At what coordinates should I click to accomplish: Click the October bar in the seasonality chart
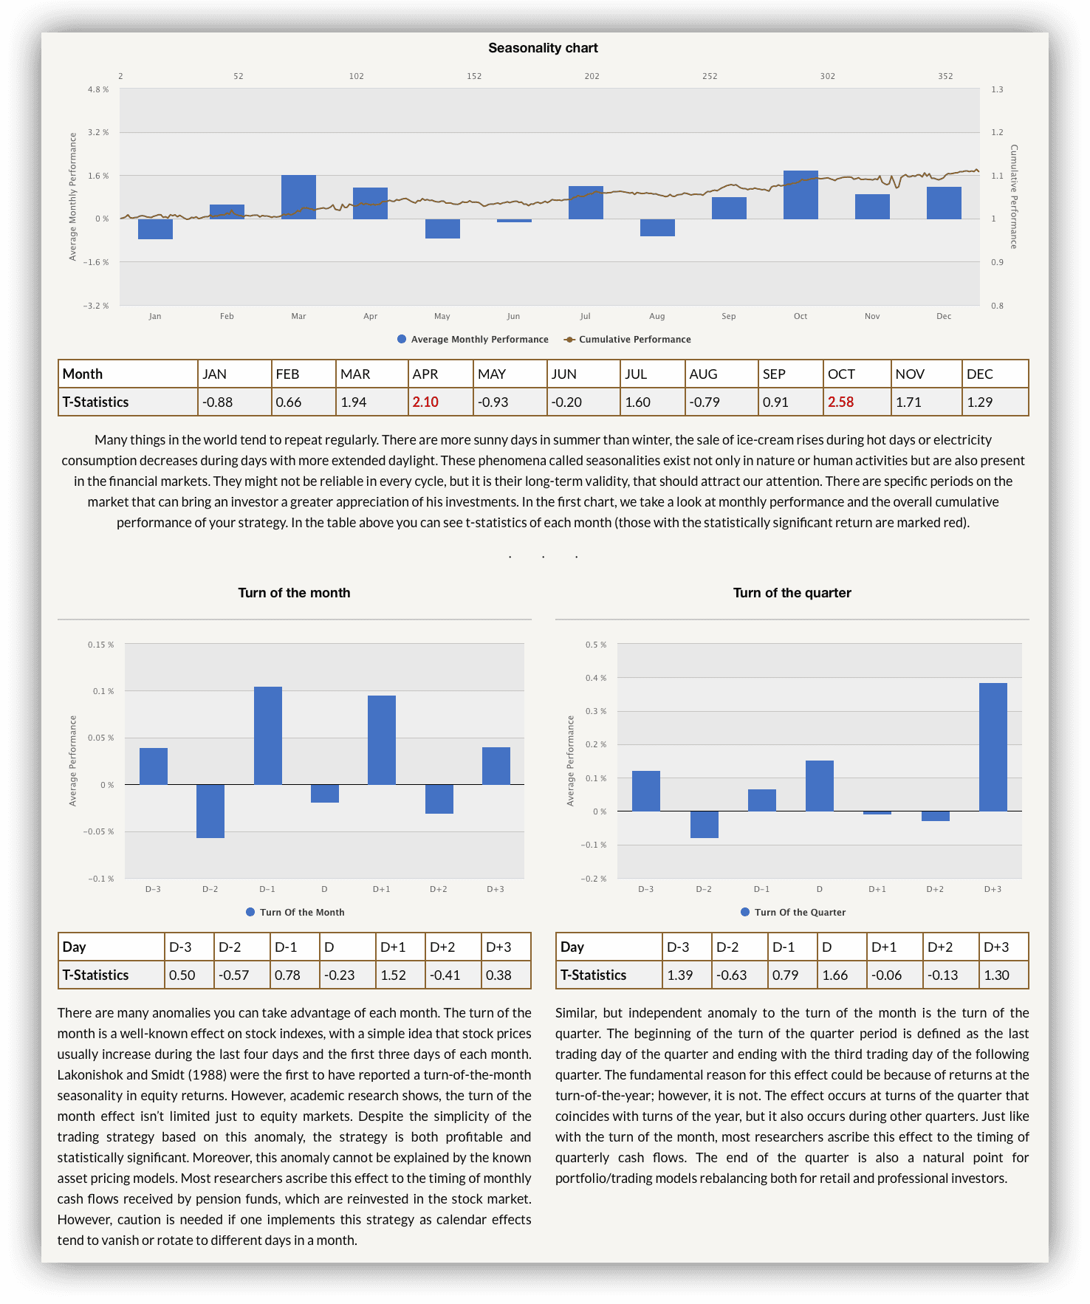801,195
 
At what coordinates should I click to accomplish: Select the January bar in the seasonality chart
155,229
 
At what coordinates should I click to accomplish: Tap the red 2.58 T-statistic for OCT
840,402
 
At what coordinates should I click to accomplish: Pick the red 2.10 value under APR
425,402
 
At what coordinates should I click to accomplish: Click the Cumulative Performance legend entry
627,340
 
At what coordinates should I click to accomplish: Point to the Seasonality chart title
543,48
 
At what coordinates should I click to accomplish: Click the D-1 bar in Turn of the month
268,735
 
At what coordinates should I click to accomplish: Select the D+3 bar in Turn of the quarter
993,747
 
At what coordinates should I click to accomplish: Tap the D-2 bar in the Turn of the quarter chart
704,825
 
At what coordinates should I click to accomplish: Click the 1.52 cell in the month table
393,975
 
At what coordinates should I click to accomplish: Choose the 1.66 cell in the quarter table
835,975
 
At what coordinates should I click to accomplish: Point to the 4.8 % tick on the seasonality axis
98,89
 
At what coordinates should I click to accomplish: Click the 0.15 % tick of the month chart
101,645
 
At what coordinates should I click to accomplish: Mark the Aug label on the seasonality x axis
657,316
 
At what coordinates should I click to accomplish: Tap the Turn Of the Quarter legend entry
793,913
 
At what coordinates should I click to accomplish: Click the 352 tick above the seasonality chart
945,76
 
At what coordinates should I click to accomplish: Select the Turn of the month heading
294,593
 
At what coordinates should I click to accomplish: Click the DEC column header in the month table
980,374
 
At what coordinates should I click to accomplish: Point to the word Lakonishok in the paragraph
91,1075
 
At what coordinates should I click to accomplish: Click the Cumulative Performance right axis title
1014,197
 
